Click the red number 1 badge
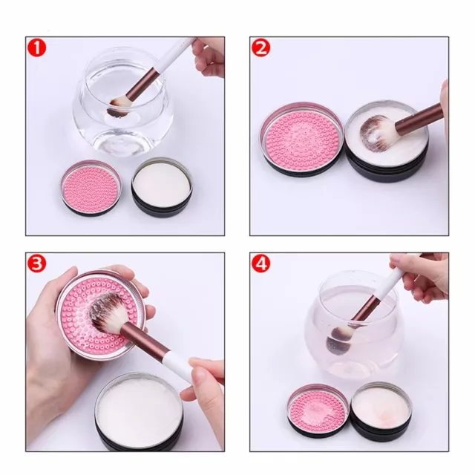tap(37, 48)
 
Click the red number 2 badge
tap(261, 48)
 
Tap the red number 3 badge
tap(37, 263)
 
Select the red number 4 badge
tap(261, 263)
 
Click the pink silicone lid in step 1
tap(91, 187)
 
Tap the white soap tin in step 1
tap(162, 189)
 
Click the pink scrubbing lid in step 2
tap(302, 138)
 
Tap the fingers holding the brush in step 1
tap(209, 58)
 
